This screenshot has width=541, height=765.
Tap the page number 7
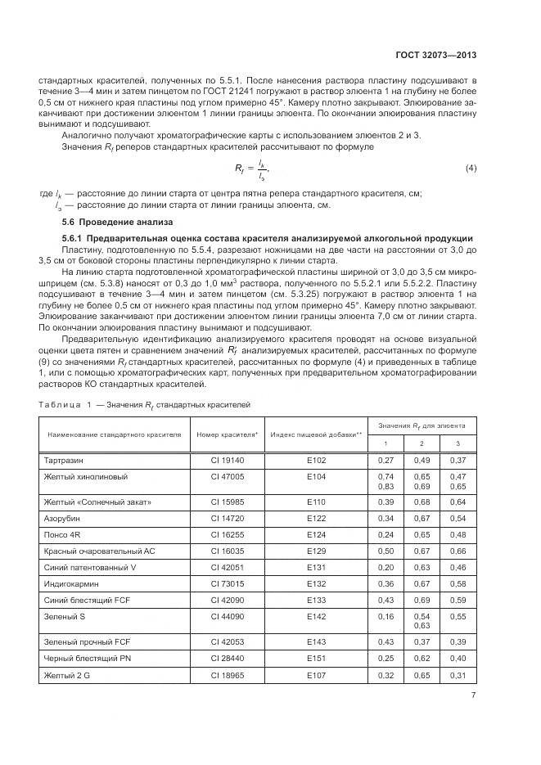[x=474, y=695]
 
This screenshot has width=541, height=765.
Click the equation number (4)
[x=471, y=169]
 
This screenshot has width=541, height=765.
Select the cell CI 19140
[x=223, y=461]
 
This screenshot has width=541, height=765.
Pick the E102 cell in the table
[x=316, y=461]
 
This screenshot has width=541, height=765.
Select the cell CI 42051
[x=223, y=567]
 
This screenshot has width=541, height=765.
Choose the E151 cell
[x=316, y=658]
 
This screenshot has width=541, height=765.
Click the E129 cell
[x=316, y=551]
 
